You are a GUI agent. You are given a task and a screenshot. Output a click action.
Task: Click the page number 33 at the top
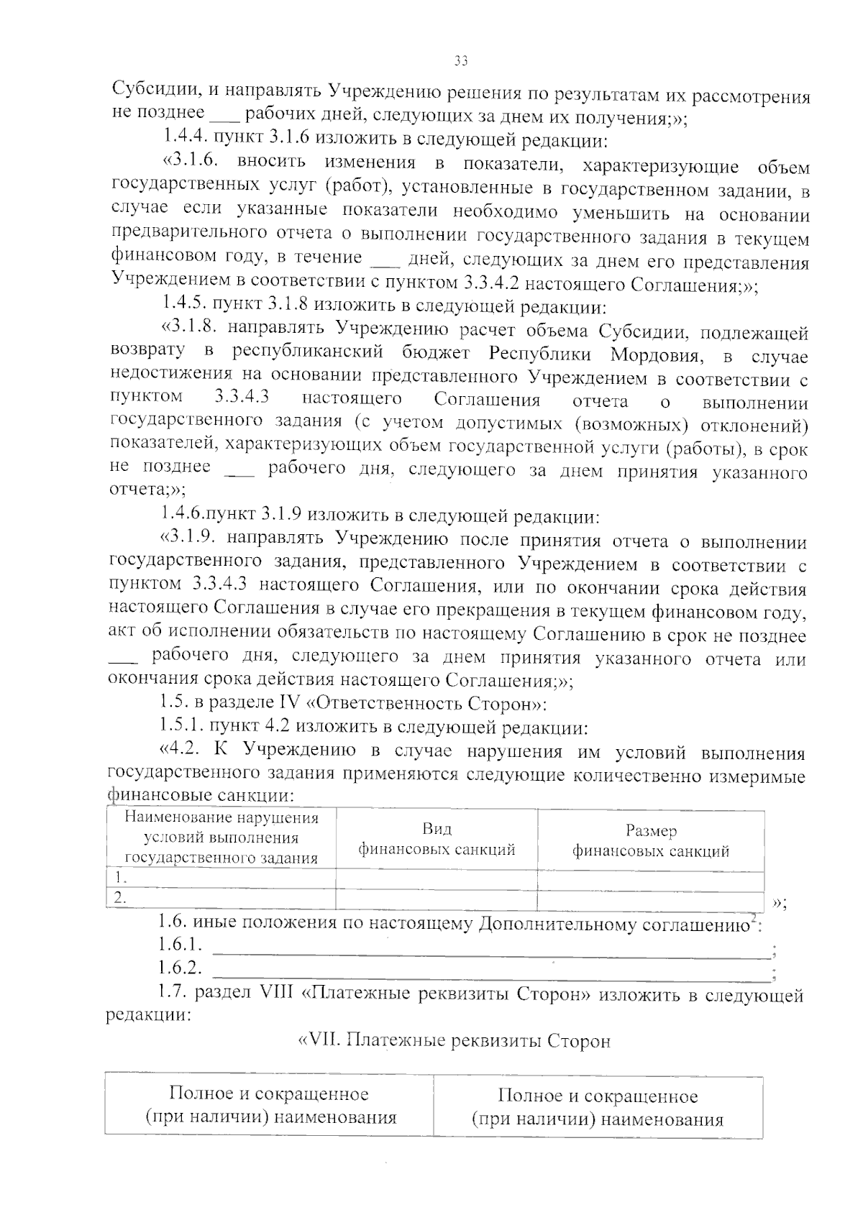(461, 61)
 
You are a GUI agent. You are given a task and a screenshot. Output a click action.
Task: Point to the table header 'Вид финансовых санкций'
(437, 840)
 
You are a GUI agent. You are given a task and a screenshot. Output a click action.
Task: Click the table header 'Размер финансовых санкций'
(650, 841)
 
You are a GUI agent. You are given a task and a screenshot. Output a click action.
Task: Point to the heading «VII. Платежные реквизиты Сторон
(454, 1041)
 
